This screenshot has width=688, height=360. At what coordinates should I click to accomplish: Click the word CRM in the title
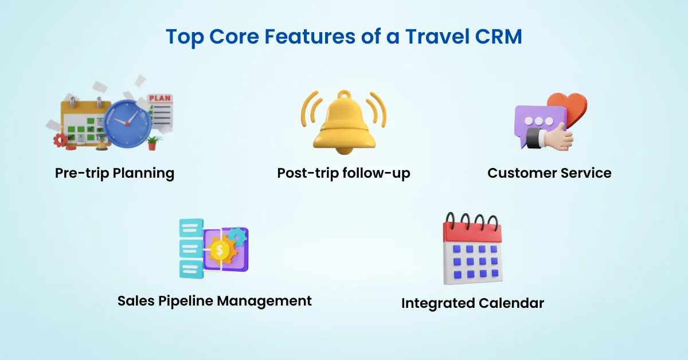tap(498, 37)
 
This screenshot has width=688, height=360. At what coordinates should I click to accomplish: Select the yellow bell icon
tap(344, 123)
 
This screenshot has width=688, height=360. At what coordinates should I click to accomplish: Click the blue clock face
tap(127, 123)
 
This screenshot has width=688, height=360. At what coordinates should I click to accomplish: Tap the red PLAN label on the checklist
tap(160, 98)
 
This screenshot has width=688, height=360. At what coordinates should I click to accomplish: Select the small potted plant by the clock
tap(152, 142)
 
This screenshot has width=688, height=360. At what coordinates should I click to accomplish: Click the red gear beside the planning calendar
tap(60, 140)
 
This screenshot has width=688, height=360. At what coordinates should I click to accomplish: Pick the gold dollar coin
tap(219, 251)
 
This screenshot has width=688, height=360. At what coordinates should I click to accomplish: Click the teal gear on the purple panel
tap(238, 237)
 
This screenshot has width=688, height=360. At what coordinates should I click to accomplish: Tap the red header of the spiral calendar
tap(472, 233)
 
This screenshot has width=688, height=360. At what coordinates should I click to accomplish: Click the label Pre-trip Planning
tap(115, 173)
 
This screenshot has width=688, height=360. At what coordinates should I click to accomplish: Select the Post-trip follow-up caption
tap(343, 173)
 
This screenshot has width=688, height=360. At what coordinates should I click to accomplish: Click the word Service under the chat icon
tap(586, 173)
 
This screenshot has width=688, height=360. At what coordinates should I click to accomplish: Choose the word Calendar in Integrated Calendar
tap(511, 303)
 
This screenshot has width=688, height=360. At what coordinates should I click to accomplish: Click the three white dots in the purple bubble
tap(539, 121)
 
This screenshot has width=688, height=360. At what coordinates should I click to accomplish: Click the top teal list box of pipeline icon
tap(191, 228)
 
